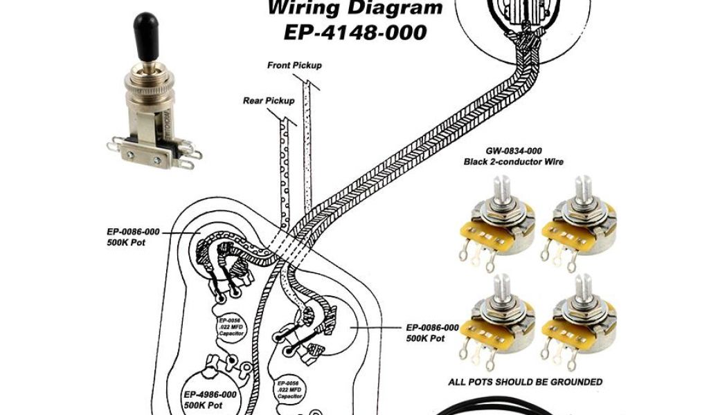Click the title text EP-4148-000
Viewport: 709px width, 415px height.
[x=355, y=33]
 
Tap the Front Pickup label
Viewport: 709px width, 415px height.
[x=294, y=65]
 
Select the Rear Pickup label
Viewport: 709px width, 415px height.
[x=269, y=100]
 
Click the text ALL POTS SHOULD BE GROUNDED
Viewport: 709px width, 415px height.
[x=525, y=382]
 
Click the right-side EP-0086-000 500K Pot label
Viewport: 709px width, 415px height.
[x=432, y=333]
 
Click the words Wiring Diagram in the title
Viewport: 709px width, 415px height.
[x=355, y=9]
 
